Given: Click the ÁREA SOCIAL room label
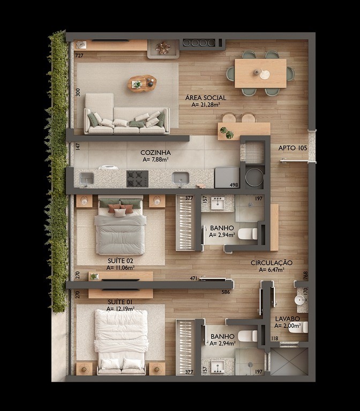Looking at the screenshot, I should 206,98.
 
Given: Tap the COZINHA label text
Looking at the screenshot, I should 156,153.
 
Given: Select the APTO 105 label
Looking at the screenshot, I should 292,148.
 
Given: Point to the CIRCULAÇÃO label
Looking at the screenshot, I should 272,263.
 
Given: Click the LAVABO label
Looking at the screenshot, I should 287,318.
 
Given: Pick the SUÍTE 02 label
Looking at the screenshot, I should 120,261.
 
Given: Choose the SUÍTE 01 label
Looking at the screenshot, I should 120,302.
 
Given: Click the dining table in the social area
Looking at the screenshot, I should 260,73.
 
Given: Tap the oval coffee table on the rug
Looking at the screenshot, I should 142,83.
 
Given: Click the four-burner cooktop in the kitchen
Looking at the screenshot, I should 137,178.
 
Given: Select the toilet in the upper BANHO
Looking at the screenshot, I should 247,233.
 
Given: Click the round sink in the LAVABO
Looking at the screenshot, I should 299,300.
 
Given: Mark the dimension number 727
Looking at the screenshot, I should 79,56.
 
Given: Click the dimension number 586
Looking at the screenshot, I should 226,292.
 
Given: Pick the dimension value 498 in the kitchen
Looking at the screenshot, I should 234,185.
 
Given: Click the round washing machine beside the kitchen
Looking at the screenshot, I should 254,177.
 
